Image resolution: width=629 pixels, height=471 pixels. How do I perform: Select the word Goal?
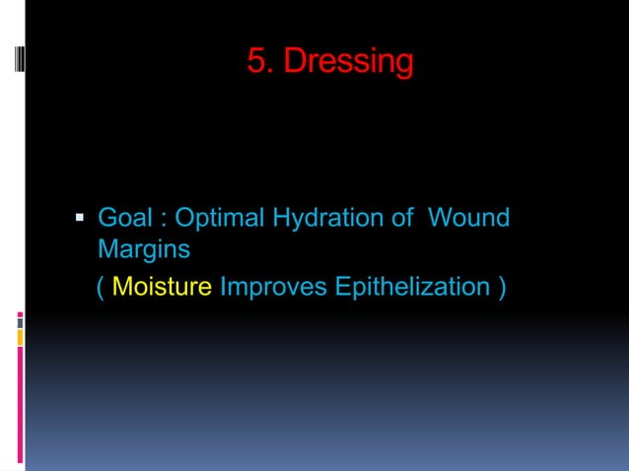(x=124, y=217)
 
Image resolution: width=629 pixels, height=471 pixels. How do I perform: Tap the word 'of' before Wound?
(x=402, y=217)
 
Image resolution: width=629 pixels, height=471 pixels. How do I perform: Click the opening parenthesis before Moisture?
(x=102, y=288)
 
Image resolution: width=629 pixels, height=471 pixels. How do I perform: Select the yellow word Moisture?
(x=163, y=287)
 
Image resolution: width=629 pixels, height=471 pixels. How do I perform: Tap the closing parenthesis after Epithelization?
(x=503, y=288)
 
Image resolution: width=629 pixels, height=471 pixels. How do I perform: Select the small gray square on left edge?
(x=20, y=321)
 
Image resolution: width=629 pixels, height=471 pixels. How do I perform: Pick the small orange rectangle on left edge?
(x=20, y=338)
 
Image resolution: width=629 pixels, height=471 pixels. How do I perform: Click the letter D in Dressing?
(x=293, y=62)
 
